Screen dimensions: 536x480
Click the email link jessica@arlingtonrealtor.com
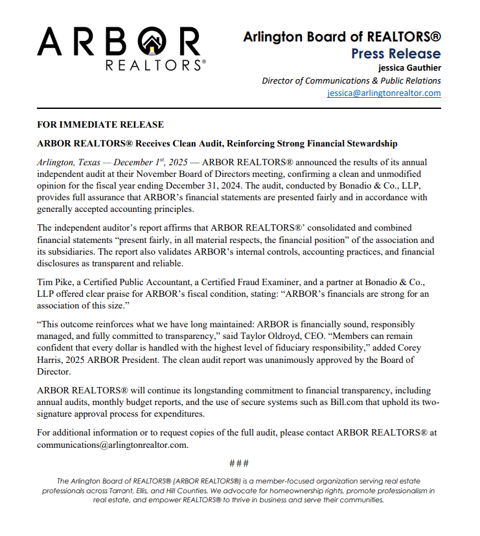pos(384,93)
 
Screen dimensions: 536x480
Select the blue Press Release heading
pos(396,54)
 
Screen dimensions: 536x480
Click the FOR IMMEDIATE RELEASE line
pos(100,124)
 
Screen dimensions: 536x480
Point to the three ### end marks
pos(239,463)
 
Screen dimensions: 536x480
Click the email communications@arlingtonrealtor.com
pos(112,445)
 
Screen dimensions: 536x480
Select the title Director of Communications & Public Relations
pos(351,81)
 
